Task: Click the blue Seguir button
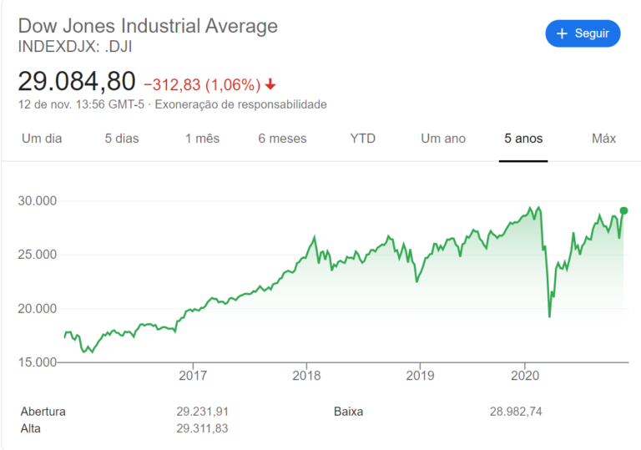coord(583,33)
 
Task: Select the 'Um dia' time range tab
coord(42,139)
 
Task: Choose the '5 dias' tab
coord(122,139)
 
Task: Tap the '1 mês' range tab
coord(203,139)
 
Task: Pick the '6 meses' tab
coord(282,139)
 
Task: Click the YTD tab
coord(363,139)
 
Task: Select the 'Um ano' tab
coord(443,139)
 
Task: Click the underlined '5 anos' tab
coord(523,139)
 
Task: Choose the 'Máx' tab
coord(603,139)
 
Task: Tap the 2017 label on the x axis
coord(193,376)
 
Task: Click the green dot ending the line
coord(623,210)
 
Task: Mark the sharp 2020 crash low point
coord(549,316)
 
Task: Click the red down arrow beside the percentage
coord(270,84)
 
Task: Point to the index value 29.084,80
coord(77,82)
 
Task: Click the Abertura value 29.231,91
coord(202,412)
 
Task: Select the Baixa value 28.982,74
coord(516,412)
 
